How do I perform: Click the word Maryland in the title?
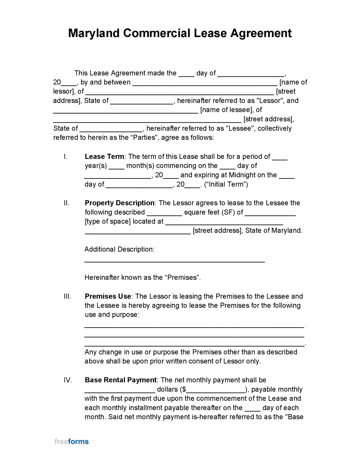pyautogui.click(x=94, y=33)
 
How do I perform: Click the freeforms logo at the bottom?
pyautogui.click(x=72, y=441)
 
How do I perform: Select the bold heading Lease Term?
pyautogui.click(x=104, y=157)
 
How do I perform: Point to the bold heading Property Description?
pyautogui.click(x=119, y=203)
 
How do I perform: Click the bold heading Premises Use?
pyautogui.click(x=108, y=296)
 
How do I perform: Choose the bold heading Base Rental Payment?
pyautogui.click(x=120, y=380)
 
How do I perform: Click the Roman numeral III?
pyautogui.click(x=67, y=296)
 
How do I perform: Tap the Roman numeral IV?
pyautogui.click(x=68, y=380)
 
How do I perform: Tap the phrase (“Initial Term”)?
pyautogui.click(x=226, y=184)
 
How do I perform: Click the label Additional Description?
pyautogui.click(x=119, y=249)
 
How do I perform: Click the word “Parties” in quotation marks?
pyautogui.click(x=144, y=138)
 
